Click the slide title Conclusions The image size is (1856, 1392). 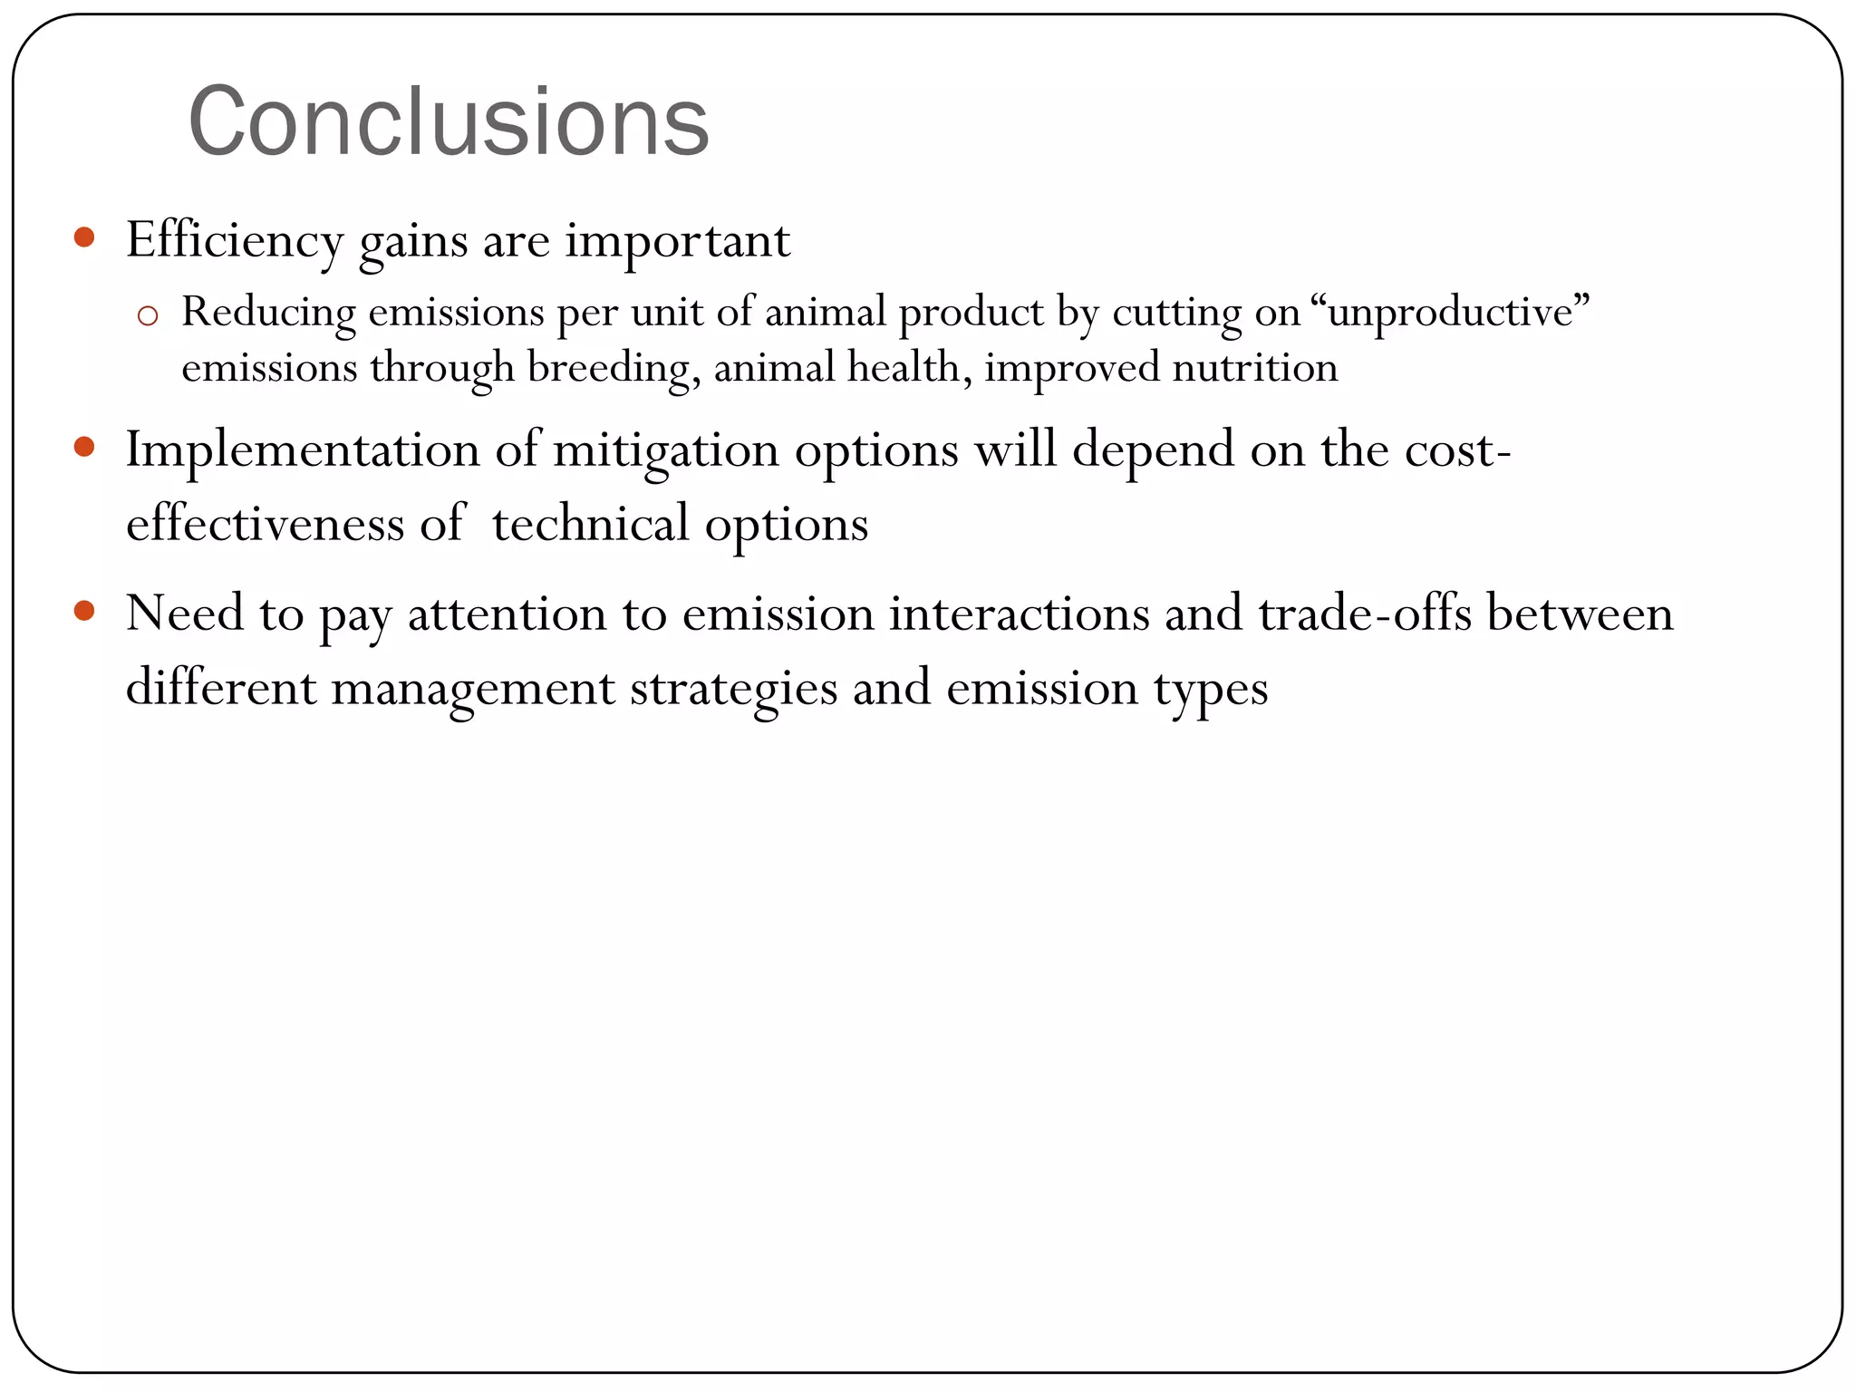pyautogui.click(x=449, y=122)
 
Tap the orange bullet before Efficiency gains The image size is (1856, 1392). pyautogui.click(x=84, y=238)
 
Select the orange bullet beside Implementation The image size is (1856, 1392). pyautogui.click(x=84, y=447)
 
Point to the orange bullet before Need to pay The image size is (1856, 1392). pyautogui.click(x=84, y=611)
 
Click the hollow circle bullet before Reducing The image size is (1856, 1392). pyautogui.click(x=148, y=316)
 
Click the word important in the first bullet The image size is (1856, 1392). pyautogui.click(x=678, y=241)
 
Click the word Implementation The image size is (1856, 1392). pyautogui.click(x=303, y=450)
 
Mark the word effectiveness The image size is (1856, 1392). pyautogui.click(x=265, y=524)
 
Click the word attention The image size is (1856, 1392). pyautogui.click(x=536, y=614)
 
